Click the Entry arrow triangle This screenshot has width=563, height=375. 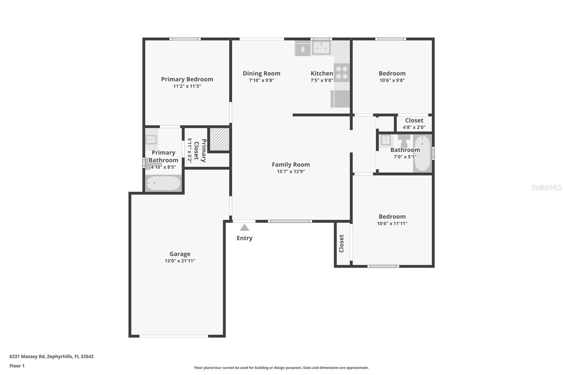244,228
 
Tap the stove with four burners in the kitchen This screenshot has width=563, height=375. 341,72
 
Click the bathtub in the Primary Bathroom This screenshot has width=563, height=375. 163,183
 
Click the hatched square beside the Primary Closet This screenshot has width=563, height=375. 219,139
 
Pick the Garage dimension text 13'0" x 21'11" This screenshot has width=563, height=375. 180,261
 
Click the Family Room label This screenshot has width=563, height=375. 291,165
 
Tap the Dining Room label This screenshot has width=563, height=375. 261,74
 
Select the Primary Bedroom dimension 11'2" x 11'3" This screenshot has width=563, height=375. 187,86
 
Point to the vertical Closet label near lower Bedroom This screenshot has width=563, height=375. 341,243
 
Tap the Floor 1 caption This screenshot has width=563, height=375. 17,366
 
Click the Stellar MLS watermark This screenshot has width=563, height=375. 546,187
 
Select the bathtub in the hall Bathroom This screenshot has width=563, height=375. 422,153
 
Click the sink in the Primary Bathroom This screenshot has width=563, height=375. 151,140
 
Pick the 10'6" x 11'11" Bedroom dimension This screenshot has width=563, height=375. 392,223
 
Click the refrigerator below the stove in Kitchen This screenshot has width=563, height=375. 340,99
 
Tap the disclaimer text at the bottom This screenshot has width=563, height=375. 281,368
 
